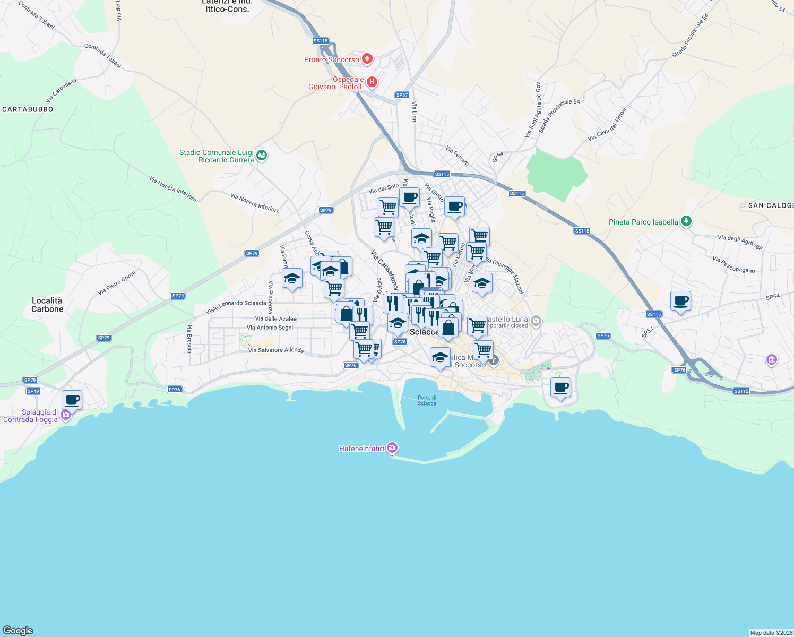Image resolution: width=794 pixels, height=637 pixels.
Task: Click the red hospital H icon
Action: [372, 82]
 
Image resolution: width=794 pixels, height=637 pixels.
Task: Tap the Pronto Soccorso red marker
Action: [367, 58]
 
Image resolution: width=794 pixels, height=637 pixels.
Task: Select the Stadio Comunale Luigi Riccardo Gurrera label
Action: [217, 156]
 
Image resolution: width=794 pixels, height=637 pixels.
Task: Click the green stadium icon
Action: [261, 156]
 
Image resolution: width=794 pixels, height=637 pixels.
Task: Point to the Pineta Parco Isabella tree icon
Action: [686, 221]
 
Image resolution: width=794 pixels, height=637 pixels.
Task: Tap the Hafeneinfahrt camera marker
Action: [392, 448]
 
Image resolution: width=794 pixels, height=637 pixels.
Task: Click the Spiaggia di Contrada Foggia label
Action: [31, 416]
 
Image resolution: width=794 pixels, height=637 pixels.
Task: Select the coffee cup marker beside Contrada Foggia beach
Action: [72, 400]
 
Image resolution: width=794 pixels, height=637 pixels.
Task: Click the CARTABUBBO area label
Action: [28, 109]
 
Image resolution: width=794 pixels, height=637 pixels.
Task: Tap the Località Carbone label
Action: [47, 305]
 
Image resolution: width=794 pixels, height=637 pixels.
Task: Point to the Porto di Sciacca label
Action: [427, 400]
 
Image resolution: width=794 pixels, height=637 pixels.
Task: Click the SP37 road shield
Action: [402, 96]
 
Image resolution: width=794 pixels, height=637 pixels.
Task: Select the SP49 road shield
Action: [33, 391]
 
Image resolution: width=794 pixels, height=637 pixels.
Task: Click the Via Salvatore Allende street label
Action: [276, 350]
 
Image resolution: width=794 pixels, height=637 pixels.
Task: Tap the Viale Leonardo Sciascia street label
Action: [236, 306]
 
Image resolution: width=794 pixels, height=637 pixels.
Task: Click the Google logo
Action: [18, 630]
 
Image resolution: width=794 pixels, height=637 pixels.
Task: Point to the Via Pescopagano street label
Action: [733, 265]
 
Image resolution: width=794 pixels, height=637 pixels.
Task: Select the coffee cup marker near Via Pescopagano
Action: [680, 301]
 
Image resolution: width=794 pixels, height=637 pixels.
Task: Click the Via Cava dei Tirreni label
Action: [607, 125]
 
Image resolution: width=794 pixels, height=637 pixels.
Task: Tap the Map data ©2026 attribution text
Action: [771, 633]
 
